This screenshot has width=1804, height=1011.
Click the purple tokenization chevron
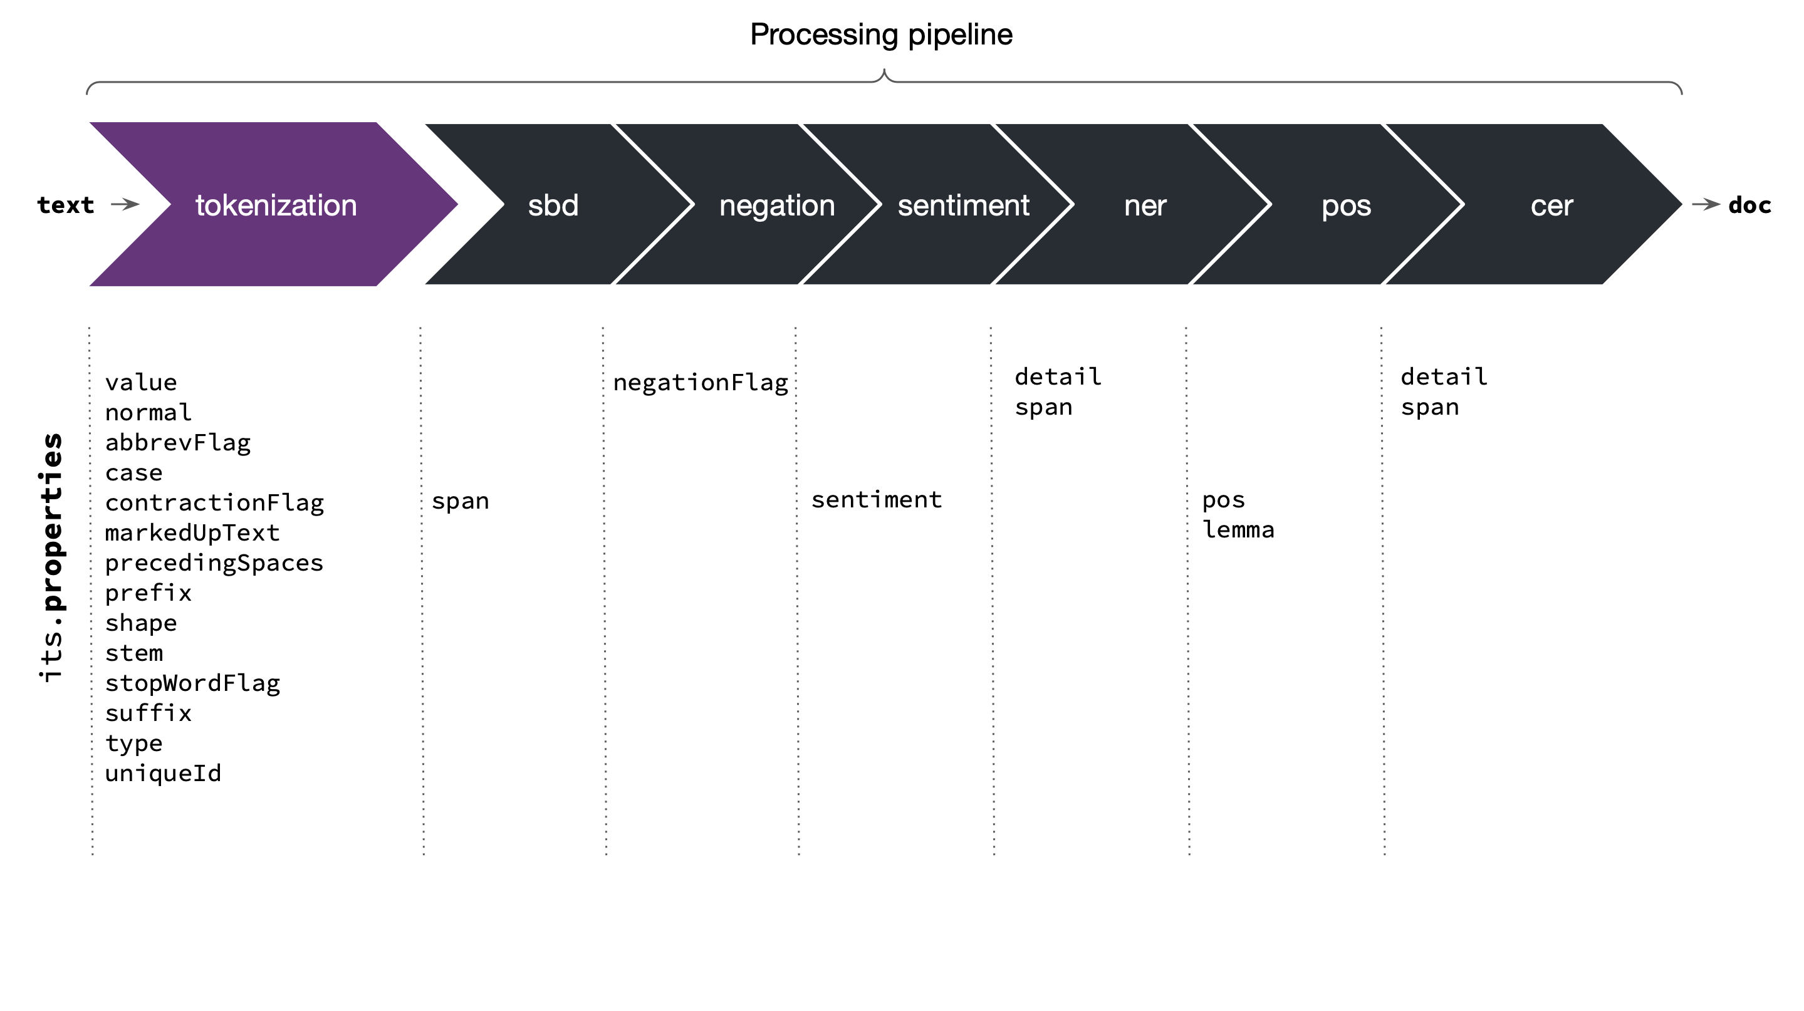pos(275,205)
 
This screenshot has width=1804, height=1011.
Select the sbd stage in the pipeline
pos(553,205)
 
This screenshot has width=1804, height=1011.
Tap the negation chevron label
pos(776,205)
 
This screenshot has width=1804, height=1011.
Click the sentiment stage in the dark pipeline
pos(963,205)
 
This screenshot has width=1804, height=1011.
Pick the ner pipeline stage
pos(1144,205)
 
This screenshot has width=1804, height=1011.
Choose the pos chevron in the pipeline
pos(1345,205)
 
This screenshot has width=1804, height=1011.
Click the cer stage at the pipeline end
pos(1551,205)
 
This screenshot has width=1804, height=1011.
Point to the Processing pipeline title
pos(880,34)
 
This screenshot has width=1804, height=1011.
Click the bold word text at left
pos(65,205)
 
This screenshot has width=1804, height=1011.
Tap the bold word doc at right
pos(1749,205)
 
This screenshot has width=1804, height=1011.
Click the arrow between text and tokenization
pos(125,204)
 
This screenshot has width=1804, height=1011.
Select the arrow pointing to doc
pos(1706,204)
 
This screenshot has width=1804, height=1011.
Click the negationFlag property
pos(701,383)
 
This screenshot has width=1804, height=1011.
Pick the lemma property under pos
pos(1238,530)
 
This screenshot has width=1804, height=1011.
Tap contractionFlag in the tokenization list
pos(214,503)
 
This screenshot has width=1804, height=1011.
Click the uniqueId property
pos(162,773)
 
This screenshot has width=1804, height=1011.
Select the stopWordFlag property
pos(192,683)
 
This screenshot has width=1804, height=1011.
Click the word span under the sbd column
pos(460,501)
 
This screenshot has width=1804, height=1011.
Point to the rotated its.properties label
pos(51,557)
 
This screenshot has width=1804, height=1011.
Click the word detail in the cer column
pos(1443,376)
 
